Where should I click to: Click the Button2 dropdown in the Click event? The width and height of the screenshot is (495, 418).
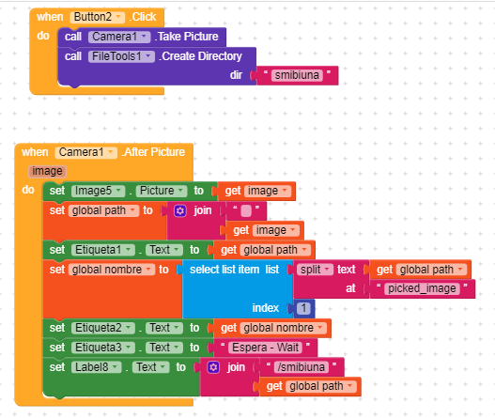pos(98,17)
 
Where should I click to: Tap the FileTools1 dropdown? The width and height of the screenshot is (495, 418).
pos(121,56)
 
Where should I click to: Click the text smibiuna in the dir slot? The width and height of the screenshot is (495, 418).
pos(297,75)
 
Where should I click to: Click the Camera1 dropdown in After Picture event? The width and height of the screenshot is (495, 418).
pos(85,152)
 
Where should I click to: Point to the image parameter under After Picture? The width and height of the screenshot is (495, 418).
pos(47,171)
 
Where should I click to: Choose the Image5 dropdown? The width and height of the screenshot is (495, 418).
pos(99,191)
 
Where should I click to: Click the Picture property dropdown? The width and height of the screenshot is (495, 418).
pos(162,191)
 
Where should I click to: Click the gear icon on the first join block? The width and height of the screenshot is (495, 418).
pos(180,211)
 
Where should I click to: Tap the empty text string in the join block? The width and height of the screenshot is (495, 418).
pos(246,211)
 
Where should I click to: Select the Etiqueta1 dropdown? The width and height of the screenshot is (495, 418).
pos(103,250)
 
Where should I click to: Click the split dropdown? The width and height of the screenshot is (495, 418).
pos(315,270)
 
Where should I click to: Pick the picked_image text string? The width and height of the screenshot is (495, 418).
pos(422,288)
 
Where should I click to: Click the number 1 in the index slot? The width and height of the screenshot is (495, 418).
pos(303,308)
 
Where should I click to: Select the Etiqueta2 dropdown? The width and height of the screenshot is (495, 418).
pos(103,328)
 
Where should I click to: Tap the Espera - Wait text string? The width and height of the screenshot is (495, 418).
pos(265,348)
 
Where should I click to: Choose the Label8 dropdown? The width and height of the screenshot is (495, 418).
pos(97,367)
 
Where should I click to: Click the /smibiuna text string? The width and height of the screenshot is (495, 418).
pos(302,367)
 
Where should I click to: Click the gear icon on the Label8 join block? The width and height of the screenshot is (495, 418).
pos(213,367)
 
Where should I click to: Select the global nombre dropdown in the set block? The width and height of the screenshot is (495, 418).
pos(112,270)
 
